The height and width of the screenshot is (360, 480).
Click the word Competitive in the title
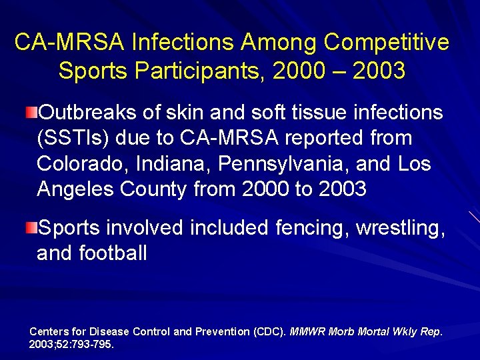[x=387, y=43]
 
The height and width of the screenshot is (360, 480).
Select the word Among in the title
[x=280, y=43]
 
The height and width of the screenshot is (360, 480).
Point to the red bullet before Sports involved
[x=32, y=229]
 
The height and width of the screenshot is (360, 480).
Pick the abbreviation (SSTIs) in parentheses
[x=73, y=138]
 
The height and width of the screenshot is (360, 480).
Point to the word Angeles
[x=75, y=189]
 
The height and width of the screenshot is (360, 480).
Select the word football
[x=114, y=253]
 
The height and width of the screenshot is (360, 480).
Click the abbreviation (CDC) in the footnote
[x=270, y=331]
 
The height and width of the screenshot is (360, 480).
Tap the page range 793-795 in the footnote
[x=93, y=344]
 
